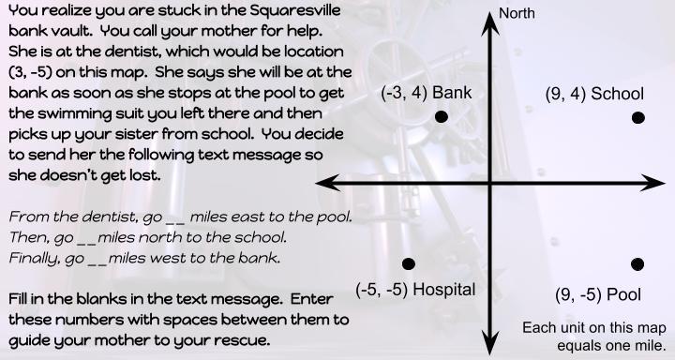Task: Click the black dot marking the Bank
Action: coord(442,117)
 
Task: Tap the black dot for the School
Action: coord(638,117)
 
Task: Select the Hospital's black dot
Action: coord(408,264)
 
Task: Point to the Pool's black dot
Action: coord(638,264)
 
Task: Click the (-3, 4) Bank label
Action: coord(426,94)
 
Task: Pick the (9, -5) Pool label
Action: coord(597,294)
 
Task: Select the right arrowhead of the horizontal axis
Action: coord(663,181)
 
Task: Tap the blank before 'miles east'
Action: coord(175,218)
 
